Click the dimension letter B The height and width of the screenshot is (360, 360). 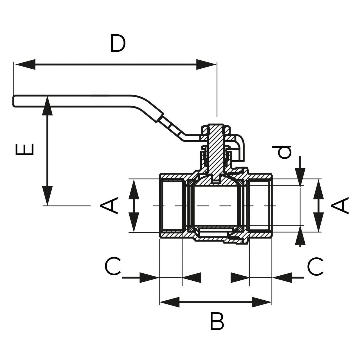coord(217,321)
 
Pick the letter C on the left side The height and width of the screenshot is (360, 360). coord(113,266)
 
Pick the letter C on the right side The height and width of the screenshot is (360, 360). coord(315,266)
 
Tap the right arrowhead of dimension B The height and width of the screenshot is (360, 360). coord(262,302)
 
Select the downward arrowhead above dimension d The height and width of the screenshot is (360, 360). coord(300,177)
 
